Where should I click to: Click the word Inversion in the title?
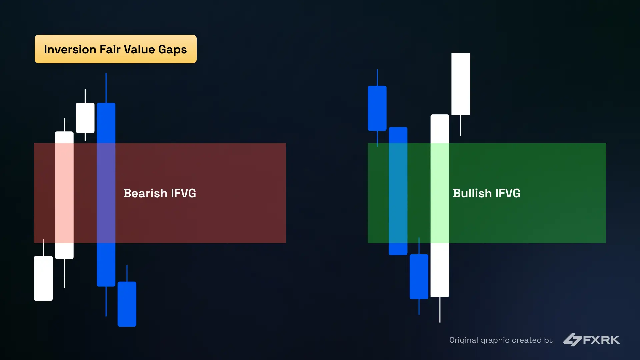click(70, 49)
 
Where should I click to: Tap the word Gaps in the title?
click(172, 49)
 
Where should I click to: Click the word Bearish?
click(145, 193)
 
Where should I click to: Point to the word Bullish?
click(472, 193)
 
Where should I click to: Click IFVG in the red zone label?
click(183, 193)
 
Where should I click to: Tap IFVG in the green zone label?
click(508, 193)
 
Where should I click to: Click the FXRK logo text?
click(601, 340)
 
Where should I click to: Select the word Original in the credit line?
click(463, 340)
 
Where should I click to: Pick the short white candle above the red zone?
click(85, 118)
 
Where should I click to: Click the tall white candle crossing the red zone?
click(64, 195)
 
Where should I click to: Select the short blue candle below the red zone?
click(127, 304)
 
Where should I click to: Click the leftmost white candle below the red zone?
click(43, 278)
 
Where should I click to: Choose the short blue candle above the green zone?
click(377, 108)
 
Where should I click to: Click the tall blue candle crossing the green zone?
click(398, 191)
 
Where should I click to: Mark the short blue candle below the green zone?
click(419, 276)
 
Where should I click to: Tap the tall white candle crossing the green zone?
click(440, 205)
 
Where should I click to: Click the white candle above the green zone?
click(461, 84)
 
